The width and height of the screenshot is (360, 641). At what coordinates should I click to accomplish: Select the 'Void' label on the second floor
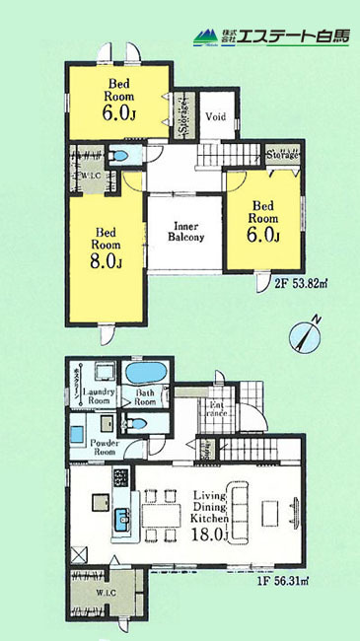[x=216, y=116]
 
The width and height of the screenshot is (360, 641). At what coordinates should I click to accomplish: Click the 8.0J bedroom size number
[x=107, y=261]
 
